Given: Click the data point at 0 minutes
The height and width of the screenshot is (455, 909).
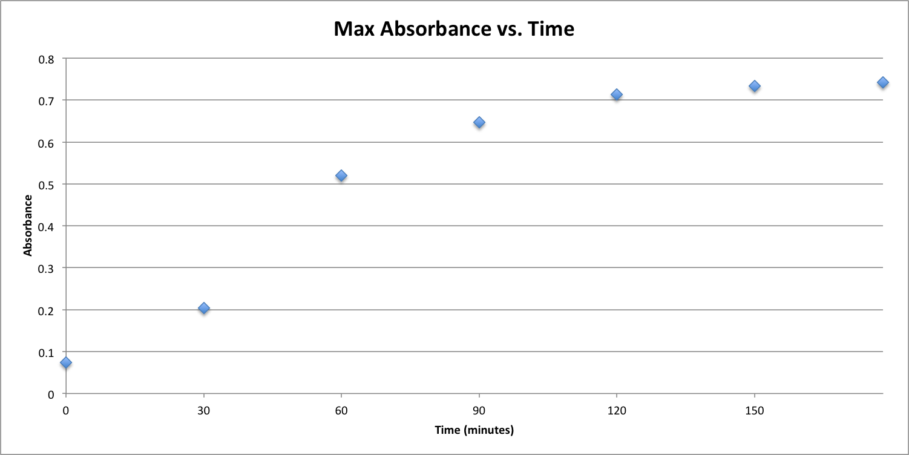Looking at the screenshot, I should coord(66,362).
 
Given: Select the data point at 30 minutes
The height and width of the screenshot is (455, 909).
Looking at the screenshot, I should coord(204,308).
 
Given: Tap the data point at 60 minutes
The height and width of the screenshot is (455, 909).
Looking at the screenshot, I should coord(341,175).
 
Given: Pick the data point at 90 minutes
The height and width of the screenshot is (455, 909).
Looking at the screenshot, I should coord(479,122).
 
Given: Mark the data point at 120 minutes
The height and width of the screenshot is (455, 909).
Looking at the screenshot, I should coord(617,94).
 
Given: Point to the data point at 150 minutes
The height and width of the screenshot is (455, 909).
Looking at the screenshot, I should coord(755,86).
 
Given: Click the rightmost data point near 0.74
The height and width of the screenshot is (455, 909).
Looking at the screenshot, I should coord(882,82).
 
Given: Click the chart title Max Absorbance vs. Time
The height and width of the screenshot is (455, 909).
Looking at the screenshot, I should coord(454,28).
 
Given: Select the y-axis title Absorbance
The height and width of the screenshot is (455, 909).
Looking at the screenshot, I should coord(28,225).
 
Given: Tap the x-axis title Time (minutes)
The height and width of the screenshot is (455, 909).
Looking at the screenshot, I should coord(474,430).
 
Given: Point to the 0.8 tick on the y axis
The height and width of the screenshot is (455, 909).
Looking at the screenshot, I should coord(47,59).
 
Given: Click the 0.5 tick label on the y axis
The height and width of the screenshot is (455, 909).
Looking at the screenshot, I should coord(47,185).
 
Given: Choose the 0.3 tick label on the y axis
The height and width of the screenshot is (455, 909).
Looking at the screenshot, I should coord(47,268).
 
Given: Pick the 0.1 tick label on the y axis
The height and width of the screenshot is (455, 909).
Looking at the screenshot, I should coord(47,352).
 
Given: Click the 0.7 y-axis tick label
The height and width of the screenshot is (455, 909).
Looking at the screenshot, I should coord(47,101).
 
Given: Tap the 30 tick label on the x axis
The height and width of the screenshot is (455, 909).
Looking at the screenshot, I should coord(204,411).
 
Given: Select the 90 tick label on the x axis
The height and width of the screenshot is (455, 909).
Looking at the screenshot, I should coord(479,411).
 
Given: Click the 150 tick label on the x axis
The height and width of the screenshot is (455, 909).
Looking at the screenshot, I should coord(755,411).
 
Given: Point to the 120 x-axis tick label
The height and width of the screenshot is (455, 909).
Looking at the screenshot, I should coord(617,411).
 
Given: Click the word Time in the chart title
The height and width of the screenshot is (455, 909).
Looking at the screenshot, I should coord(551,28).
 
